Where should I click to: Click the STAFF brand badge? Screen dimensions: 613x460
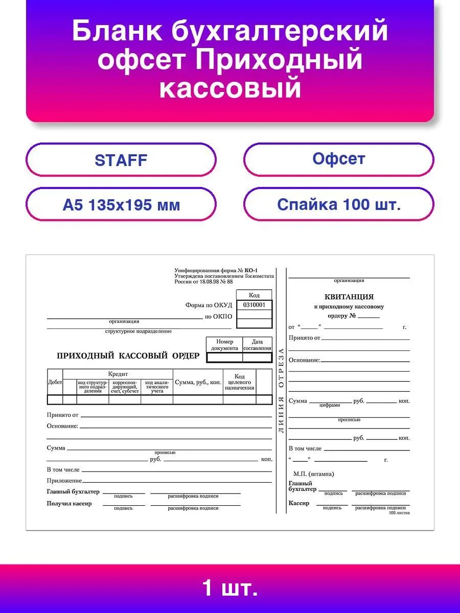pos(121,160)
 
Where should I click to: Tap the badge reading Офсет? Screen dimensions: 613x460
pos(338,159)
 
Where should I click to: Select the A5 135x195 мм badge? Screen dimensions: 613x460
pos(121,205)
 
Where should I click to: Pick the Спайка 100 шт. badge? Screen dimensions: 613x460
pos(338,204)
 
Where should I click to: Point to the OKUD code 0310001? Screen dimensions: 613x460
pos(254,304)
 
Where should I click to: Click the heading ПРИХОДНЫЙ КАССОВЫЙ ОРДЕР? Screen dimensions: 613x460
pos(128,356)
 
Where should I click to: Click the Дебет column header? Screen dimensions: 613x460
pos(55,382)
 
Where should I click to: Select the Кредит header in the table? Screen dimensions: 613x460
pos(118,374)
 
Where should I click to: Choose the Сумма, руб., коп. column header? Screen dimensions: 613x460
pos(198,382)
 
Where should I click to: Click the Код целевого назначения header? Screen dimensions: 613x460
pos(239,382)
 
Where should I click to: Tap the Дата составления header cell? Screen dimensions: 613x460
pos(257,345)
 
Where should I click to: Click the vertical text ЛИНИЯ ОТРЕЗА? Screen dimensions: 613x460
pos(281,391)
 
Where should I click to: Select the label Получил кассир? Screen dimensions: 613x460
pos(69,504)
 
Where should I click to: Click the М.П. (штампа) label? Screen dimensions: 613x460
pos(313,474)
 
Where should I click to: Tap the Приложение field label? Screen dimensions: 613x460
pos(64,481)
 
